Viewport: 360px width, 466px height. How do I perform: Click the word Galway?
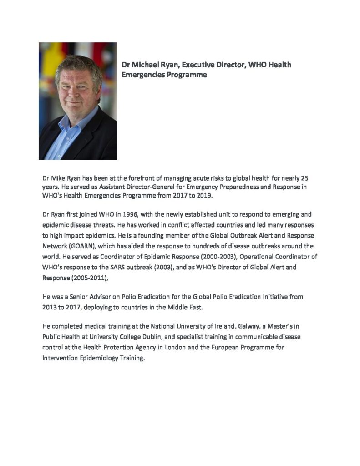coord(249,326)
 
